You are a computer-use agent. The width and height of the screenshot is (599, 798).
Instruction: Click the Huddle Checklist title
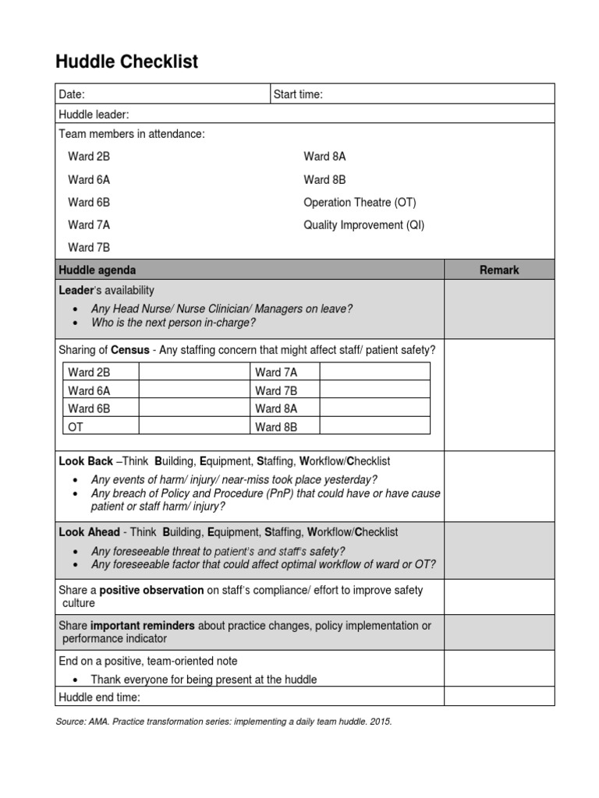pos(126,62)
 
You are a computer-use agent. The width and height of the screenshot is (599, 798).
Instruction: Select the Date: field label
pos(72,94)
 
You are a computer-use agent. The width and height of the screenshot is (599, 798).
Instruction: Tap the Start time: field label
pos(298,94)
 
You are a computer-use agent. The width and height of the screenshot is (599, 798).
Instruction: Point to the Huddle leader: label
pos(94,115)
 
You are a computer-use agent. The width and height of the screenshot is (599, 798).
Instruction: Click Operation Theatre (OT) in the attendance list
pos(360,203)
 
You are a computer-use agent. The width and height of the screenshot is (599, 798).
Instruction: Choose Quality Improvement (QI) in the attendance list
pos(363,225)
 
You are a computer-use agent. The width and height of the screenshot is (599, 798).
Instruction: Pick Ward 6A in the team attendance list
pos(89,180)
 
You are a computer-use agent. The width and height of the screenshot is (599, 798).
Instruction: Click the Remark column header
pos(499,270)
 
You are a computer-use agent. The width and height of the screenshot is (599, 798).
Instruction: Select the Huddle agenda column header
pos(97,270)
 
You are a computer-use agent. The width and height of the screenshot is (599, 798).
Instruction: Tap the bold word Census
pos(130,350)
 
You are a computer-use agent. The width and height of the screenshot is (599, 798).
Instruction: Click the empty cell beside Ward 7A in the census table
pos(374,372)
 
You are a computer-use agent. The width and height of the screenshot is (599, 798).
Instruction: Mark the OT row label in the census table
pos(76,426)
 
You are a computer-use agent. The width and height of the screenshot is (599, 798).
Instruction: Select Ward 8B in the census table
pos(276,426)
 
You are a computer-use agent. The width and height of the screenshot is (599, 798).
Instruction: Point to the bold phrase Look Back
pos(86,461)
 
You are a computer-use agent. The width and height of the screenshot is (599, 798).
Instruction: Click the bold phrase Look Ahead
pos(90,531)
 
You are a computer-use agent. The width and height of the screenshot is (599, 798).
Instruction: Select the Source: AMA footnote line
pos(224,722)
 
